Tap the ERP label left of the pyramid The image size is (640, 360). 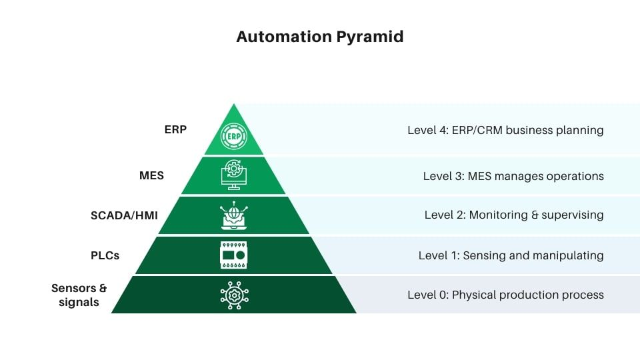coord(175,130)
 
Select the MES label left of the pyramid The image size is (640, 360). coord(151,176)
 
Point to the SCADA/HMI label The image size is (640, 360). coord(124,215)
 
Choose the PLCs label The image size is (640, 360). coord(105,255)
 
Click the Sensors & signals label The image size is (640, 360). coord(79,295)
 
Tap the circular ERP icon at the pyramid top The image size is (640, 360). coord(233,136)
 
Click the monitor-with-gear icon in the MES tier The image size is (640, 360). coord(233,175)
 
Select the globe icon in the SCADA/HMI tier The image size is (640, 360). coord(233,215)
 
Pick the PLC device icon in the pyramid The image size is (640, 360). coord(233,255)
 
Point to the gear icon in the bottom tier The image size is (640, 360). coord(233,295)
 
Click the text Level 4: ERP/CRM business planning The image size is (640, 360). coord(505,130)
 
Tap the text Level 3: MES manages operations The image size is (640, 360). coord(513,176)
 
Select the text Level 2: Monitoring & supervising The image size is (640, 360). coord(514,215)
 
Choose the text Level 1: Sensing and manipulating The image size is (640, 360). coord(511,255)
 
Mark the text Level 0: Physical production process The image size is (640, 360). coord(505,295)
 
